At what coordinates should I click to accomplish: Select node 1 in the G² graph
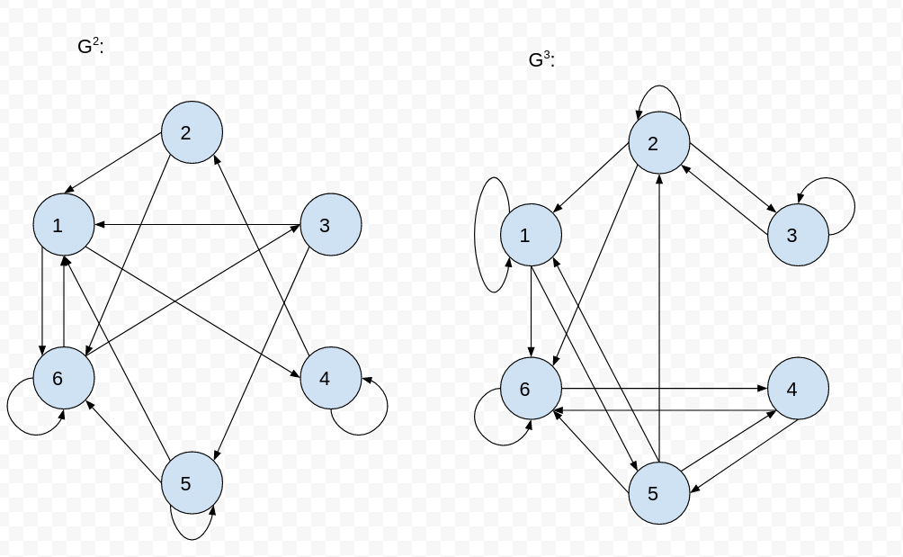[64, 225]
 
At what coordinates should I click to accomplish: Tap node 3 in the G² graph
[330, 225]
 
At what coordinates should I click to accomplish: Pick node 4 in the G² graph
[330, 378]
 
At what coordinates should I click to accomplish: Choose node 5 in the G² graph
[192, 483]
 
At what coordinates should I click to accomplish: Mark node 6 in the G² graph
[64, 378]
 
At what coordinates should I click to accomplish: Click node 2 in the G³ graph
[659, 143]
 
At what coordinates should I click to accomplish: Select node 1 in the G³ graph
[531, 236]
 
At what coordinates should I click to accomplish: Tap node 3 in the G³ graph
[797, 236]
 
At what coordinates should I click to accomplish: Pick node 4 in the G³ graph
[797, 389]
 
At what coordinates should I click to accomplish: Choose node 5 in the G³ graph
[659, 493]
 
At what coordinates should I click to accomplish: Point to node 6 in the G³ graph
[531, 389]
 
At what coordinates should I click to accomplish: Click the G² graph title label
[90, 47]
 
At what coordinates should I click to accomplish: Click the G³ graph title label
[541, 60]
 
